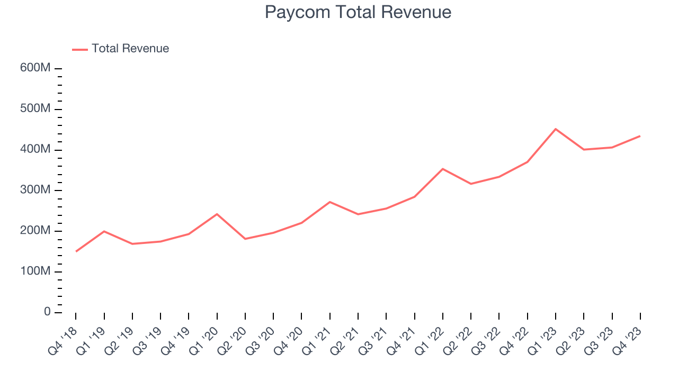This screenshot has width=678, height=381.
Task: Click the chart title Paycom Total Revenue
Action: (x=358, y=12)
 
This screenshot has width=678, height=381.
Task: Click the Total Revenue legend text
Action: (x=130, y=49)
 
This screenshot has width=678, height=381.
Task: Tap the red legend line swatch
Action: (x=80, y=49)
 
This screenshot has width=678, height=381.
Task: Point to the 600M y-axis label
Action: (x=36, y=69)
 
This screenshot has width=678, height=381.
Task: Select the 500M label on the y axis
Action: (x=36, y=109)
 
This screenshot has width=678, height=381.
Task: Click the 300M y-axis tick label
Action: (x=36, y=190)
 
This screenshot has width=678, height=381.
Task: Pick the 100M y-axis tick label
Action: (x=36, y=271)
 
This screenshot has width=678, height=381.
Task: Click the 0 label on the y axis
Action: (x=47, y=312)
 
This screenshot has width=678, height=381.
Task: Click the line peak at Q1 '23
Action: (x=556, y=129)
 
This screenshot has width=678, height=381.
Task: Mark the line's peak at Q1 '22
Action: (x=443, y=169)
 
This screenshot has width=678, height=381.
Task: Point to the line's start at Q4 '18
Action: (x=76, y=251)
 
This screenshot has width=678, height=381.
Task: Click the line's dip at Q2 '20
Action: (x=245, y=239)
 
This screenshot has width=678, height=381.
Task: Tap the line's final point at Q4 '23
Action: (x=640, y=136)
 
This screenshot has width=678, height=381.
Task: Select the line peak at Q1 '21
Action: (x=330, y=202)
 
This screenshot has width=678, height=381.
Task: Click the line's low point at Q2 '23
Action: (x=584, y=150)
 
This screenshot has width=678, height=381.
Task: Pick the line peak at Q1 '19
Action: (x=104, y=231)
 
